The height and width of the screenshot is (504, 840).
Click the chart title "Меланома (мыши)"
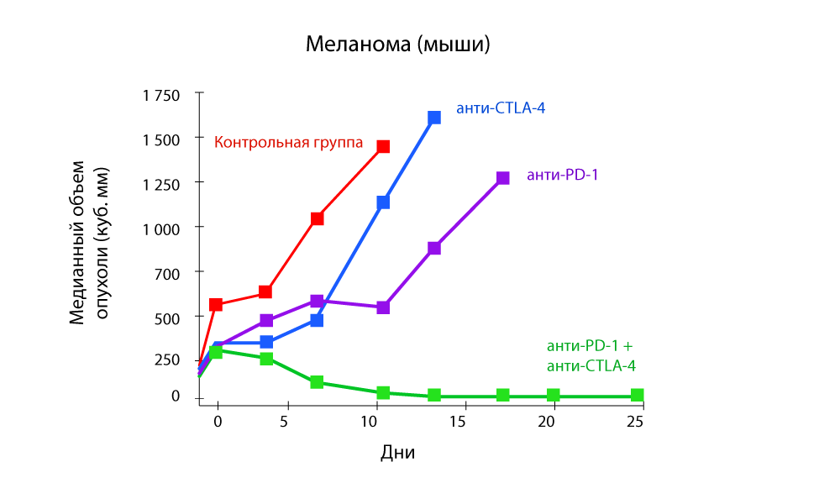coord(397,44)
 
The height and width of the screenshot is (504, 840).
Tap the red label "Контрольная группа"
coord(290,142)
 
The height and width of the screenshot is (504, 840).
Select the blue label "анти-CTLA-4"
coord(501,108)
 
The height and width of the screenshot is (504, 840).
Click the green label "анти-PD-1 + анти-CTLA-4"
coord(591,355)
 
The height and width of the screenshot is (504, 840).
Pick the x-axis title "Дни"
coord(398,453)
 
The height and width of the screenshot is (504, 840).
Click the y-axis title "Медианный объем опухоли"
coord(89,243)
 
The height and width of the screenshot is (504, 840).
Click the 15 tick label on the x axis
coord(457,421)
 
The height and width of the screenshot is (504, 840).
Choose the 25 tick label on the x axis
coord(635,421)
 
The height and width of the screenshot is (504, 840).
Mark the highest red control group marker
coord(383,146)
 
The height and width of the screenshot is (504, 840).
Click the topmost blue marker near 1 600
coord(434,118)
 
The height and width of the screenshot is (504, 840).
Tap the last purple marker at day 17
coord(502,178)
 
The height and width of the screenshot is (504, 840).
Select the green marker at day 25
coord(637,395)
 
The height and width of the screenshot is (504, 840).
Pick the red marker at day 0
coord(216,304)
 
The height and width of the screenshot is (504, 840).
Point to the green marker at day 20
coord(554,395)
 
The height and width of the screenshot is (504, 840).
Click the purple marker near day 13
coord(434,248)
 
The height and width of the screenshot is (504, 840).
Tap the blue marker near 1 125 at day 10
coord(383,202)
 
